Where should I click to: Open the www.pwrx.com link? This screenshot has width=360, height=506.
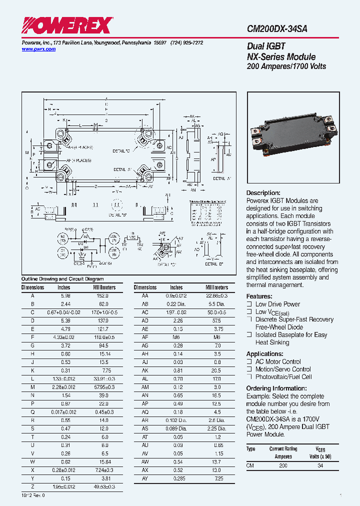pos(38,49)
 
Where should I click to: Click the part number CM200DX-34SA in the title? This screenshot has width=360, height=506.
pos(277,29)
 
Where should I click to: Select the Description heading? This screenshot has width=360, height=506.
pos(263,193)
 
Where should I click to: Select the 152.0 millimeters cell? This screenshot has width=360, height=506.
pos(104,296)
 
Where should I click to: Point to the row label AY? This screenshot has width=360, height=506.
pos(145,479)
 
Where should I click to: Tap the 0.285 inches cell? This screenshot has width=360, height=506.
pos(176,479)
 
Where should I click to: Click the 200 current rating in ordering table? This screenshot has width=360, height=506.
pos(283,465)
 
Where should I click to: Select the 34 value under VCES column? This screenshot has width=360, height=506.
pos(320,465)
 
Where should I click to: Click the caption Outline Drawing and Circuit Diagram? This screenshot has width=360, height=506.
pos(62,279)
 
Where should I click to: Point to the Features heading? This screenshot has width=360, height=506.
pos(259,296)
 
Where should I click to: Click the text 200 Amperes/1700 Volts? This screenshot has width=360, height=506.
pos(286,66)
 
